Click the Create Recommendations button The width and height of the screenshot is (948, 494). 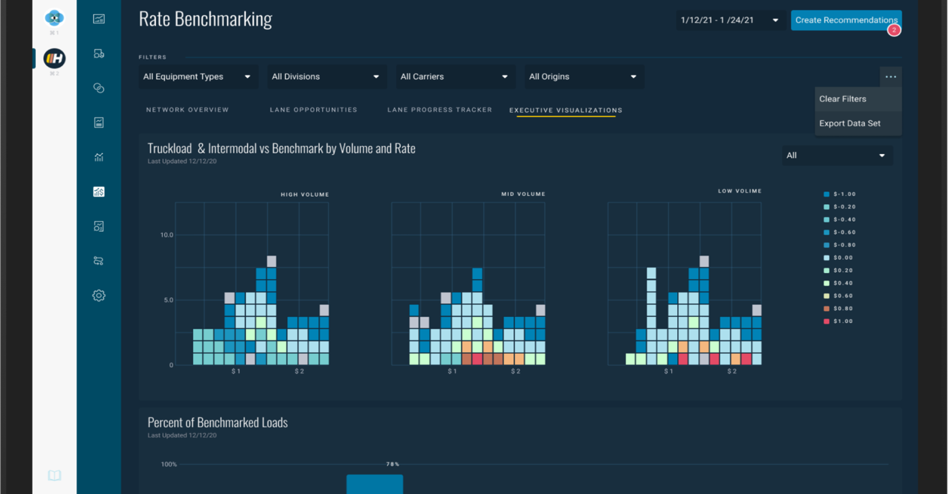[x=845, y=20]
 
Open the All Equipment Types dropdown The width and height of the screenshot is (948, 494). [x=197, y=77]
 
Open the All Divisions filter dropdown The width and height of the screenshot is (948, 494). [x=325, y=77]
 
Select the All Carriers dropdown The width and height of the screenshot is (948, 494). [x=454, y=77]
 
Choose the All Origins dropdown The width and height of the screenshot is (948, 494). [x=583, y=77]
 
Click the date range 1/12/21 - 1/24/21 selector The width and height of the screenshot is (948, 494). [x=729, y=20]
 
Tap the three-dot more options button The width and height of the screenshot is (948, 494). [x=890, y=77]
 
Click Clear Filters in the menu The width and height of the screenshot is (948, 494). [x=843, y=99]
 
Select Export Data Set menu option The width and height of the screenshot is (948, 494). [x=850, y=123]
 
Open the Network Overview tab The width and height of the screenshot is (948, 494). [x=187, y=110]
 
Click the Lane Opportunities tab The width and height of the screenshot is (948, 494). [x=313, y=110]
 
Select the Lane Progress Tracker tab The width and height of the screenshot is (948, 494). [x=439, y=110]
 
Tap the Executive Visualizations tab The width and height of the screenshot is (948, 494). [x=565, y=110]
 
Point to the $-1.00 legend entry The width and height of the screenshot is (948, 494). [x=840, y=194]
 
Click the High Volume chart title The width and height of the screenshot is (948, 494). [x=304, y=194]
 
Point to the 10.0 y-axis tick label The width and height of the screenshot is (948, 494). [x=167, y=235]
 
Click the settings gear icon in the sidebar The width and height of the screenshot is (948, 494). [x=99, y=296]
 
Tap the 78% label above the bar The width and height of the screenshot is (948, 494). [x=393, y=464]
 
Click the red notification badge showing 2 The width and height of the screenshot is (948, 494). [x=894, y=30]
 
